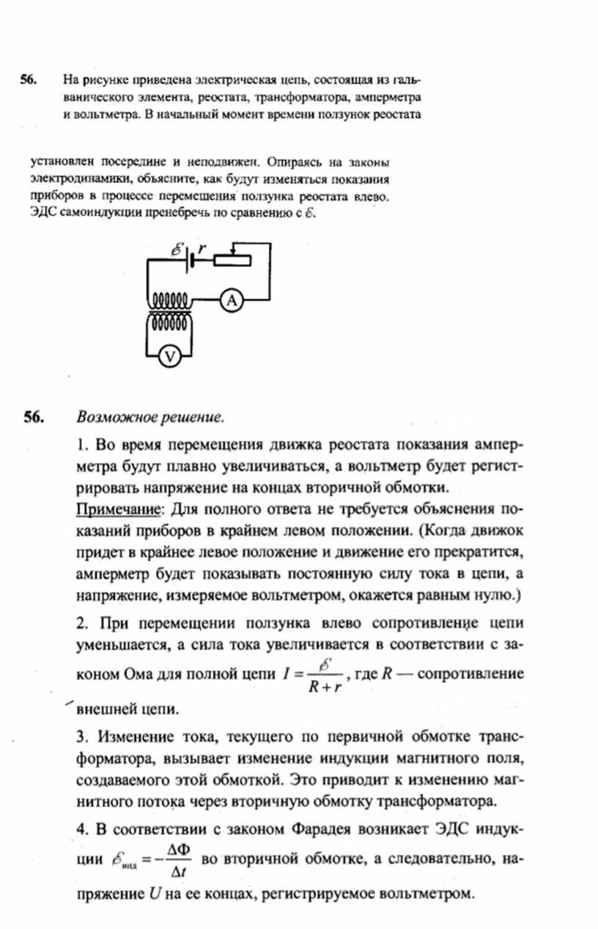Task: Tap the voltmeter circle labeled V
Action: tap(170, 355)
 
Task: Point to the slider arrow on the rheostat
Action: tap(232, 250)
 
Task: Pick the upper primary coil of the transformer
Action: tap(171, 300)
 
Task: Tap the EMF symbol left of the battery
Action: tap(177, 249)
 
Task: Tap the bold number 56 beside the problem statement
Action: tap(29, 79)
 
